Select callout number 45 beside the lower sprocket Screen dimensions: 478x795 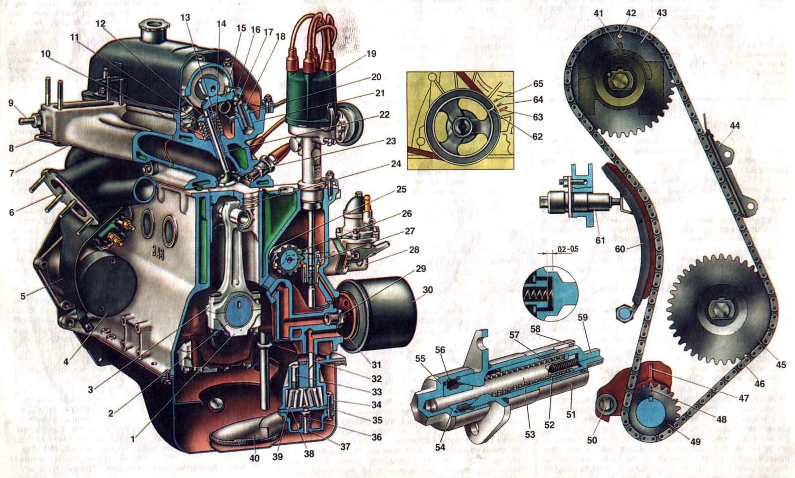tap(781, 365)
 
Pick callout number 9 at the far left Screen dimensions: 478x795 tap(11, 103)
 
